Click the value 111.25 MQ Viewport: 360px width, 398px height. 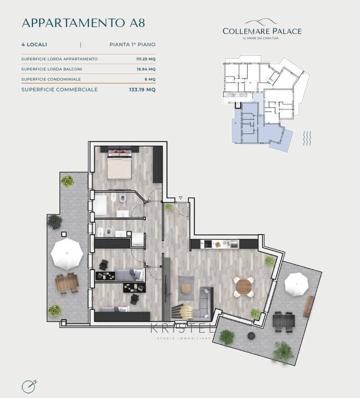[x=146, y=59]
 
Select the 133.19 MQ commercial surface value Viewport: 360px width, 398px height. [x=142, y=90]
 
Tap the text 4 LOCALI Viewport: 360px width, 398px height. [x=34, y=45]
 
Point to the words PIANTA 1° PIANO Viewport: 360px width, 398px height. [x=132, y=45]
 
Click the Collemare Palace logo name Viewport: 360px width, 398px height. [x=262, y=31]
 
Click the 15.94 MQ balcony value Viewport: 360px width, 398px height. [x=146, y=69]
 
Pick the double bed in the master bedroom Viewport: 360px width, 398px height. [x=119, y=164]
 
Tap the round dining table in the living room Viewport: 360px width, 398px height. [x=244, y=287]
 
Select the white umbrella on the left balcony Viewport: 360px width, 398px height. [x=67, y=253]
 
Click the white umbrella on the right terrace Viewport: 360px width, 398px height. [x=296, y=284]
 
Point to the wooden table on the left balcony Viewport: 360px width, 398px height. [x=67, y=283]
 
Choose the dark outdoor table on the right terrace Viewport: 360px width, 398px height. [x=284, y=322]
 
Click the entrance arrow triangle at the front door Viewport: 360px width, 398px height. [x=181, y=198]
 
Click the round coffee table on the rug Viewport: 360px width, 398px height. [x=186, y=288]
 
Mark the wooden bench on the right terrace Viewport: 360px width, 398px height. [x=309, y=306]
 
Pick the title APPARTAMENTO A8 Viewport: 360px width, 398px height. [x=84, y=23]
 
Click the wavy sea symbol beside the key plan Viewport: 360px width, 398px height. [x=307, y=139]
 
